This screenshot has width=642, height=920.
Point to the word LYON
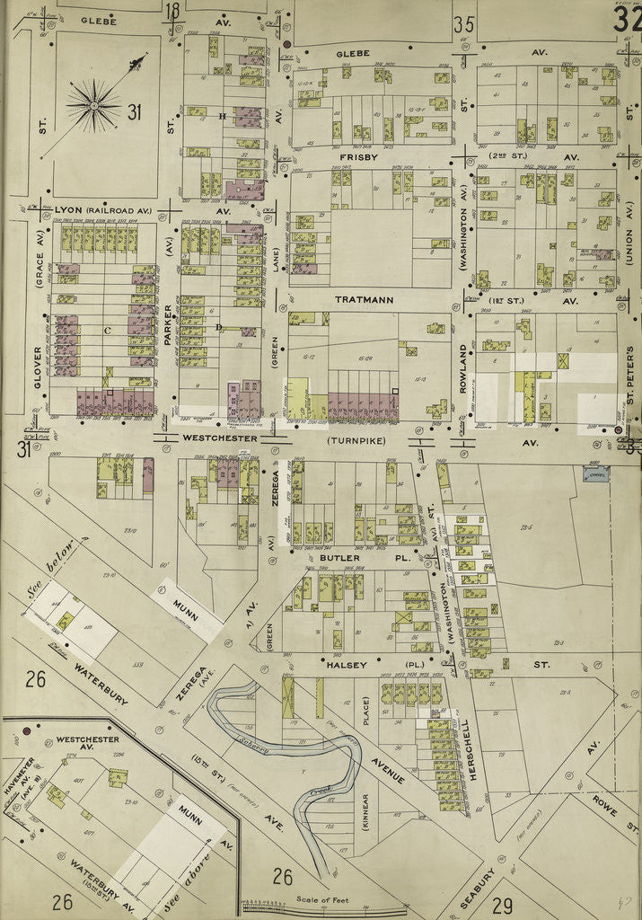click(x=68, y=210)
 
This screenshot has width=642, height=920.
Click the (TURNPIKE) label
click(x=356, y=441)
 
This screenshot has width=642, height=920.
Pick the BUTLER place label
click(x=339, y=558)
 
